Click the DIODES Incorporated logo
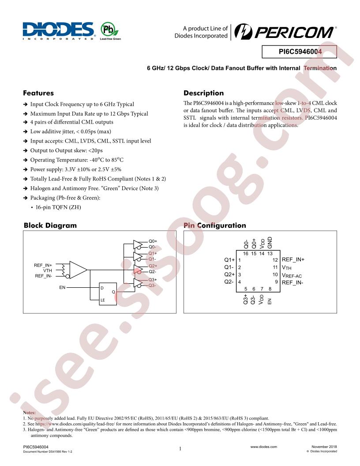click(x=58, y=31)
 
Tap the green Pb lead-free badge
click(x=110, y=31)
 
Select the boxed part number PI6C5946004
click(x=300, y=52)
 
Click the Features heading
click(x=38, y=93)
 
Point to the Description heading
click(x=203, y=93)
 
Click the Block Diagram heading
click(x=50, y=225)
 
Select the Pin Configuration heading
click(x=215, y=225)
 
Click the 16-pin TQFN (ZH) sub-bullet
click(x=58, y=207)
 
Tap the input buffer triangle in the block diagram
click(x=78, y=270)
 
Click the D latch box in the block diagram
click(x=108, y=293)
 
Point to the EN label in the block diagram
click(x=62, y=287)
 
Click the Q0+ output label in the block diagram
click(x=153, y=241)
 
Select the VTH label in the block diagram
click(x=48, y=271)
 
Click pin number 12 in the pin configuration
click(x=275, y=260)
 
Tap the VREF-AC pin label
click(x=292, y=275)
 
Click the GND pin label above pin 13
click(x=270, y=243)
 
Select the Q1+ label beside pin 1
click(x=229, y=260)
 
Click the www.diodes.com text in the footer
click(x=263, y=447)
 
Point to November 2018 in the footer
click(x=324, y=447)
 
